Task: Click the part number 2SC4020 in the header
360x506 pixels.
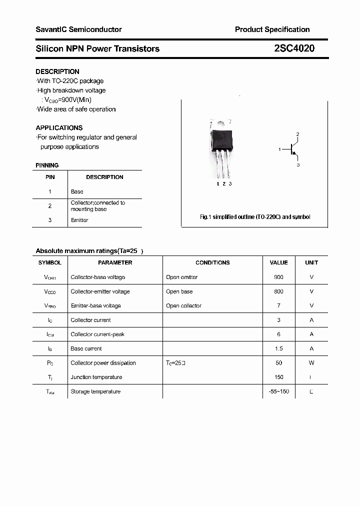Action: click(x=294, y=48)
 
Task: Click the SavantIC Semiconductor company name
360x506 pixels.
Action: click(x=78, y=29)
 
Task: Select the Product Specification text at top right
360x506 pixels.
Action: click(x=272, y=29)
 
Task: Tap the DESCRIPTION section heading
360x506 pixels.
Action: click(x=57, y=71)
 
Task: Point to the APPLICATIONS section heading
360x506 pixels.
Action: click(x=59, y=127)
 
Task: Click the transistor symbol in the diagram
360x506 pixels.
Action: click(x=292, y=149)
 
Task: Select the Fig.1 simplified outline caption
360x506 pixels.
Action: click(x=255, y=217)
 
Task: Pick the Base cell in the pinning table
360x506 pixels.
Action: click(x=77, y=191)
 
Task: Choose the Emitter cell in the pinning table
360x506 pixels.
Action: click(x=79, y=220)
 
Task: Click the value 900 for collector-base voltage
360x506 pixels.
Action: click(x=278, y=277)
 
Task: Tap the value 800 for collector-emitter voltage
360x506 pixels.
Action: click(x=278, y=291)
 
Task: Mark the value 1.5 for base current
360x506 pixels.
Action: click(x=278, y=348)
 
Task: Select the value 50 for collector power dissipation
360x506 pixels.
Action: click(x=278, y=363)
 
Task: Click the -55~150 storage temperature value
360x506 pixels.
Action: click(x=278, y=391)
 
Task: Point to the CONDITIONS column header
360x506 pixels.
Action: click(x=212, y=262)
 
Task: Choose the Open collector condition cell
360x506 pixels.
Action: click(x=183, y=305)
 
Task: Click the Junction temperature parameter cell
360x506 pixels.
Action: click(x=96, y=377)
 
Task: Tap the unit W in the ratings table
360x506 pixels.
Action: click(x=311, y=363)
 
